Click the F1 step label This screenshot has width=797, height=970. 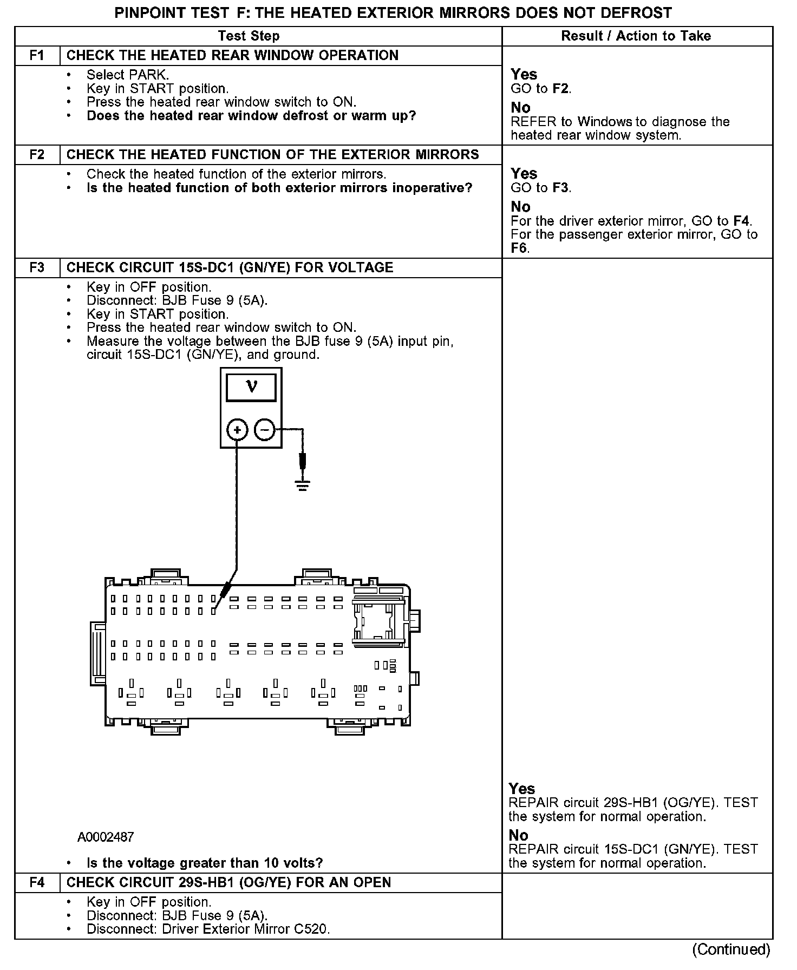(37, 56)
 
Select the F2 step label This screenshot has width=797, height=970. (37, 155)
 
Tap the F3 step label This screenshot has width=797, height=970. (37, 268)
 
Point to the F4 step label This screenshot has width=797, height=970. (37, 883)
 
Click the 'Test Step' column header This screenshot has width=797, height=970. (249, 36)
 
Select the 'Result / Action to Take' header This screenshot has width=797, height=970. (636, 36)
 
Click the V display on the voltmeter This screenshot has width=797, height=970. (251, 387)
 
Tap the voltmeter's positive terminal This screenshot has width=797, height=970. (237, 430)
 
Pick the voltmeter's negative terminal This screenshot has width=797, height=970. (265, 430)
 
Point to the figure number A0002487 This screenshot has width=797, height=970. (106, 837)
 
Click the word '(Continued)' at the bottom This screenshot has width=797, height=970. (731, 949)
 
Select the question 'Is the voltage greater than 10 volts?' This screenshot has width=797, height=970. (205, 863)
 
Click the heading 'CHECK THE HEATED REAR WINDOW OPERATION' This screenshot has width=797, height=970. (232, 56)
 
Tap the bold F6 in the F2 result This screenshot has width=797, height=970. (519, 248)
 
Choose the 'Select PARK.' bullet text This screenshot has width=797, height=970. (128, 75)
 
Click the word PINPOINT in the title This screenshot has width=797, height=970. (148, 13)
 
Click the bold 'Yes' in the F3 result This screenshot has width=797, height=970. (522, 789)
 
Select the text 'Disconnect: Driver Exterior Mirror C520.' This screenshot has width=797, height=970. (208, 929)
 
